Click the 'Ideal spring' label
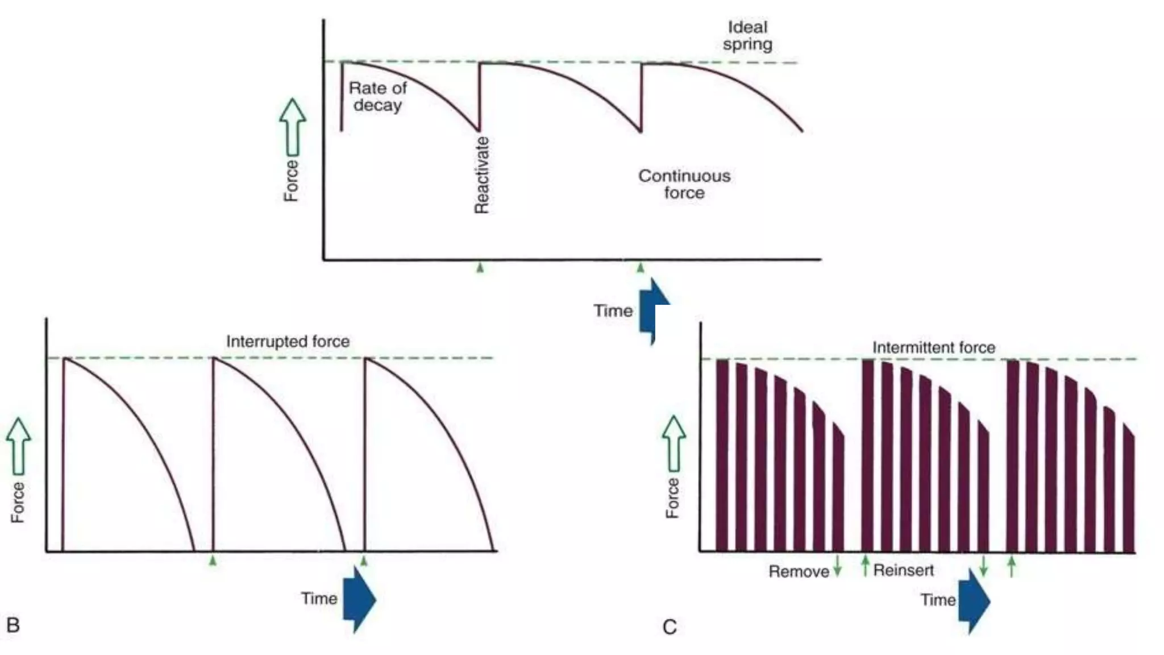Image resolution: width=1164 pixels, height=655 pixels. point(747,36)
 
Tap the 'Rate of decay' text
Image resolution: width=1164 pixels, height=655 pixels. point(377,96)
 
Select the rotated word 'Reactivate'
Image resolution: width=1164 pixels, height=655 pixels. point(481,175)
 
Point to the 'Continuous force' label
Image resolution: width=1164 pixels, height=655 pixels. point(684,184)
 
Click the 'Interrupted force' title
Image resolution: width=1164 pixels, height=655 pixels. point(288,341)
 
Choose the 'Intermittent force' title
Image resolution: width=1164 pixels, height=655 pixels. point(933,347)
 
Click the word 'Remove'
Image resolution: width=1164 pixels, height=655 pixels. point(799,571)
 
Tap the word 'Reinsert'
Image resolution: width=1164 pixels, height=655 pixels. point(903,570)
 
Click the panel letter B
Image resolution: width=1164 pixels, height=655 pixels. point(13,625)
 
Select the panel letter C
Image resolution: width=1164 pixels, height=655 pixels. point(670,627)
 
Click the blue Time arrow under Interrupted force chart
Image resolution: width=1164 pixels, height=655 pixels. point(359,599)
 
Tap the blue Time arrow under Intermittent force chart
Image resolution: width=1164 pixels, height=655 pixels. point(974,602)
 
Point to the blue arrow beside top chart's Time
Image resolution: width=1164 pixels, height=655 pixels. point(653,310)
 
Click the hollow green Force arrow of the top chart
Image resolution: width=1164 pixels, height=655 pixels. point(293,127)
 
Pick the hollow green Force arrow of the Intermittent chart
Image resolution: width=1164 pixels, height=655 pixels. point(674,443)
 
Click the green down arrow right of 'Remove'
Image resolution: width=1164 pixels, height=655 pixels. point(837,566)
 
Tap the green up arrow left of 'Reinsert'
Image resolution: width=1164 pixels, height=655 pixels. point(865,566)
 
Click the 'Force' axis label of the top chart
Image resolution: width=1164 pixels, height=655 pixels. point(291,181)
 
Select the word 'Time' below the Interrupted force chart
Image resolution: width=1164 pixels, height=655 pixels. point(319,598)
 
